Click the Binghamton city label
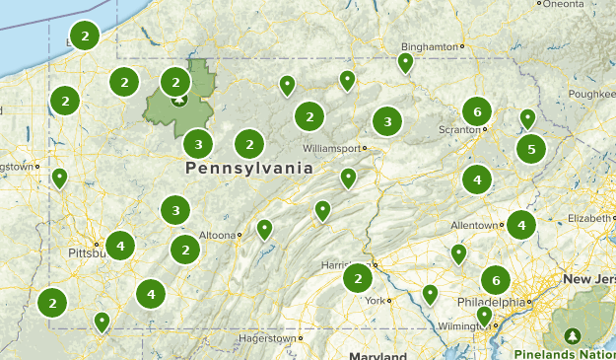coord(431,46)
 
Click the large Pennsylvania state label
coord(248,169)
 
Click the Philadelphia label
coord(491,302)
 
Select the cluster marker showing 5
coord(531,149)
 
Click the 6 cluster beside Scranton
coord(477,111)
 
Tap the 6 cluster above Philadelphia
coord(495,278)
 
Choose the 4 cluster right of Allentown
coord(520,225)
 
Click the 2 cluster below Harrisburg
coord(357,279)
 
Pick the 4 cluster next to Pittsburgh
coord(120,245)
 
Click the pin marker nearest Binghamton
coord(405,62)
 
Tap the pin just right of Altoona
coord(264,229)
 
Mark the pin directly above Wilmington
coord(484,315)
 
